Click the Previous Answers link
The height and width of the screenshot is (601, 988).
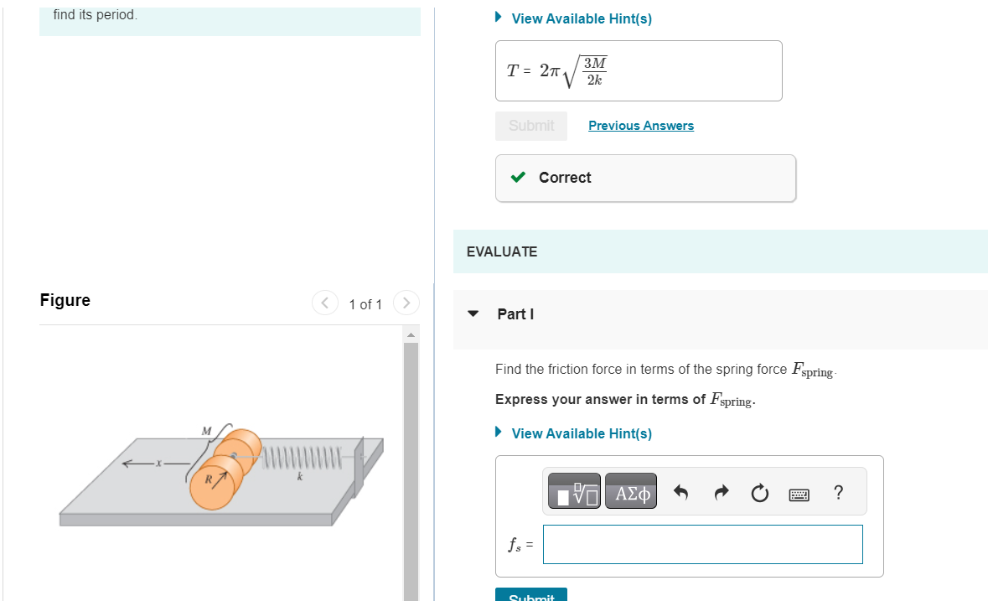pyautogui.click(x=641, y=126)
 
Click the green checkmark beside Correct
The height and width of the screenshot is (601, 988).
pyautogui.click(x=518, y=177)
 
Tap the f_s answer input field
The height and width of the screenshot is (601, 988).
pyautogui.click(x=702, y=544)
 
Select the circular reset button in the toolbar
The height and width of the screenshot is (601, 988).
pyautogui.click(x=760, y=492)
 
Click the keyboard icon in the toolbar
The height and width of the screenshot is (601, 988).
pyautogui.click(x=799, y=495)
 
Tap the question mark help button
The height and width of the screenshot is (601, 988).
pyautogui.click(x=838, y=492)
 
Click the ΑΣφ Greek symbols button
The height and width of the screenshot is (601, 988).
pyautogui.click(x=631, y=491)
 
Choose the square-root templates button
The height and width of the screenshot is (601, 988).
pyautogui.click(x=574, y=491)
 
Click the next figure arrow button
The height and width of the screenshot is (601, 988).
pyautogui.click(x=406, y=303)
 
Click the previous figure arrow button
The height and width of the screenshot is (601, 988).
pyautogui.click(x=325, y=303)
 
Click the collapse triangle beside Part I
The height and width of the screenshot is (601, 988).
pyautogui.click(x=473, y=313)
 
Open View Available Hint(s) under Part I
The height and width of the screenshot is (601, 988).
pyautogui.click(x=582, y=433)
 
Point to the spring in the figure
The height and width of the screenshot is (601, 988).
pyautogui.click(x=302, y=458)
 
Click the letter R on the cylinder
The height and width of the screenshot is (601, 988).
pyautogui.click(x=208, y=479)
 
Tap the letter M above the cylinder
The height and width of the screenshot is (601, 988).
pyautogui.click(x=206, y=431)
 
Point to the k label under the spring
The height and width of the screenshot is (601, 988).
pyautogui.click(x=300, y=477)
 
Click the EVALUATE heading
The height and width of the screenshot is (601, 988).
pyautogui.click(x=502, y=251)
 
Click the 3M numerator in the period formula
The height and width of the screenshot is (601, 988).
pyautogui.click(x=595, y=63)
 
